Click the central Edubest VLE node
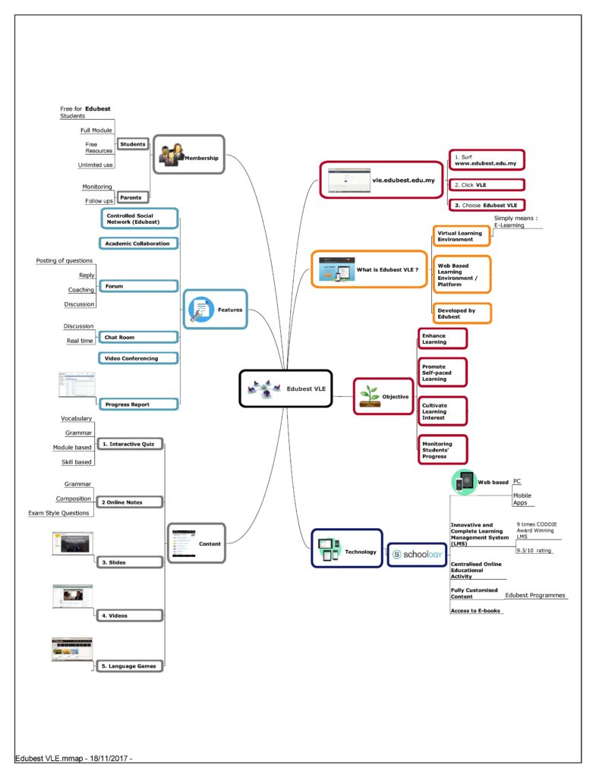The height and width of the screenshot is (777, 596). pyautogui.click(x=285, y=389)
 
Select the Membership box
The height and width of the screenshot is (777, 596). pyautogui.click(x=189, y=154)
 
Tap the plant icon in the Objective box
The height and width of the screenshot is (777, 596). pyautogui.click(x=370, y=396)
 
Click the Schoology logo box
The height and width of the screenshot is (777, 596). pyautogui.click(x=417, y=555)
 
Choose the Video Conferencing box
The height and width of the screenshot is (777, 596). pyautogui.click(x=138, y=358)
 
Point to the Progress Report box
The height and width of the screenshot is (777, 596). pyautogui.click(x=138, y=404)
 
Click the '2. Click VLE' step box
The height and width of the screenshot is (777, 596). pyautogui.click(x=487, y=185)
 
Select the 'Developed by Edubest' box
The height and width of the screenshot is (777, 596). pyautogui.click(x=462, y=313)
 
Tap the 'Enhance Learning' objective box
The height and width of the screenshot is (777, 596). pyautogui.click(x=443, y=338)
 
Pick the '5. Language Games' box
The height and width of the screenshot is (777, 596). pyautogui.click(x=129, y=666)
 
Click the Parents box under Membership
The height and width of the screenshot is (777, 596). pyautogui.click(x=132, y=197)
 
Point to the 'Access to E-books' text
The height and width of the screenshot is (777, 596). pyautogui.click(x=475, y=611)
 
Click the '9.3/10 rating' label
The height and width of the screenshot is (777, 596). pyautogui.click(x=534, y=551)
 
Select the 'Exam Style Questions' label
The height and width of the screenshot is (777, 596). pyautogui.click(x=58, y=513)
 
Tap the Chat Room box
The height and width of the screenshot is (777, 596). pyautogui.click(x=138, y=338)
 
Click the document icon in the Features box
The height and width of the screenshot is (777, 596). pyautogui.click(x=200, y=310)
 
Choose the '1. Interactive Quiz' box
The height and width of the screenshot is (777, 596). pyautogui.click(x=130, y=444)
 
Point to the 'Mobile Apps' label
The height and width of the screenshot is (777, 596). pyautogui.click(x=522, y=499)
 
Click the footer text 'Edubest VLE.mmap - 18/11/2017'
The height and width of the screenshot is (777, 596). pyautogui.click(x=74, y=759)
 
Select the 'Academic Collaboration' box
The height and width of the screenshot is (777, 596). pyautogui.click(x=138, y=244)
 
